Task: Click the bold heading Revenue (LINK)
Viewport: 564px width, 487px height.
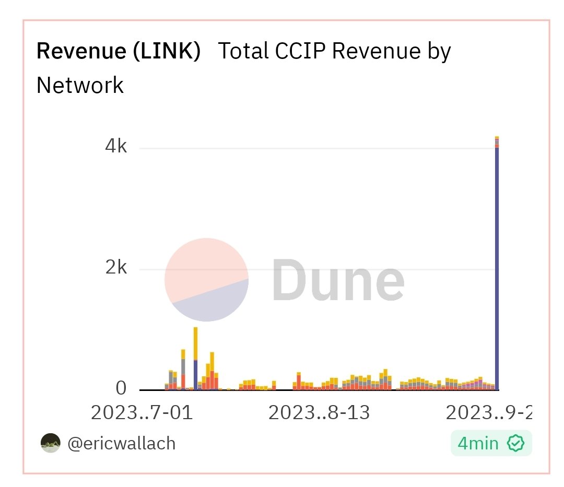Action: (x=119, y=52)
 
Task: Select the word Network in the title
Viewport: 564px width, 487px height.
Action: (x=80, y=85)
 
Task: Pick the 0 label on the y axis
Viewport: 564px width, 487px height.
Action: (x=121, y=388)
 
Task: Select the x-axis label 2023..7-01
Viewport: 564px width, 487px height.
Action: (x=142, y=413)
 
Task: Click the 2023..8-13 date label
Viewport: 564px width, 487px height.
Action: (x=319, y=413)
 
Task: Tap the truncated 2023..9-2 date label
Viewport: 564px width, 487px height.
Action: (x=488, y=413)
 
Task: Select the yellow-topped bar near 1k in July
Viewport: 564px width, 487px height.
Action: (x=195, y=345)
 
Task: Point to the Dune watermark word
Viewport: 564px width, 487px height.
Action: (x=338, y=281)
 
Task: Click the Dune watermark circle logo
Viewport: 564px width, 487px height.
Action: (x=206, y=280)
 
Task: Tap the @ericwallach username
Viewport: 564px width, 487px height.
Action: (x=122, y=444)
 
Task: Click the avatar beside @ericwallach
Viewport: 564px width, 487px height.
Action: (x=51, y=443)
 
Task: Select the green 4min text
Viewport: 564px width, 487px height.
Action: (x=478, y=444)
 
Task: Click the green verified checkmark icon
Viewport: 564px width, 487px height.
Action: (x=516, y=444)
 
